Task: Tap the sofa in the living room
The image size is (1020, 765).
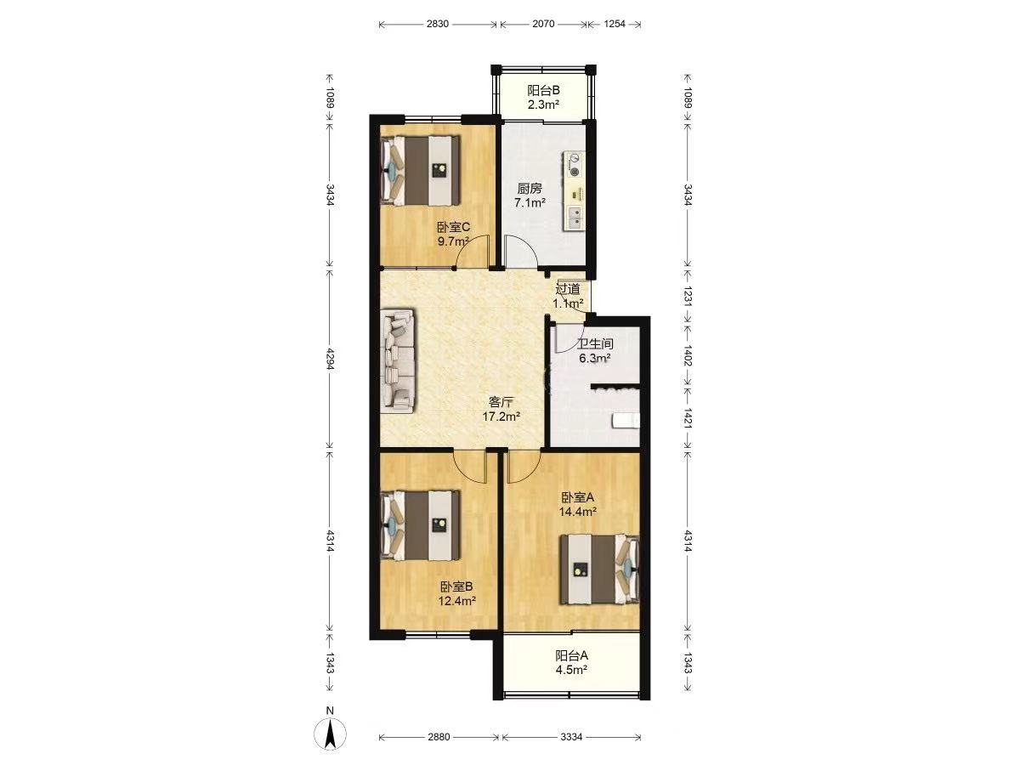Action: click(399, 360)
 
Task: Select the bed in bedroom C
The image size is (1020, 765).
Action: click(421, 170)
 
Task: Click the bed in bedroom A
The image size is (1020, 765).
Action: click(599, 569)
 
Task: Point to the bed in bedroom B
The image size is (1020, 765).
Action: click(421, 525)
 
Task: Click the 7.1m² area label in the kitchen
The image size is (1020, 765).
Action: click(530, 202)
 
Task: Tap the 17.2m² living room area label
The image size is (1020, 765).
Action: click(501, 416)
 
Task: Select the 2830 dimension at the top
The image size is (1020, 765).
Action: click(437, 24)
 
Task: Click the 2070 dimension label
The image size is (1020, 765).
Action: click(543, 24)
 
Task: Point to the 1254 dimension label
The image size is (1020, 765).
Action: click(615, 24)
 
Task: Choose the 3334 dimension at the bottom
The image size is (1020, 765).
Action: click(571, 737)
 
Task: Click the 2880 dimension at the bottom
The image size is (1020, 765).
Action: click(439, 737)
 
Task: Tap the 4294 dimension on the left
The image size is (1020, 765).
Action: click(331, 359)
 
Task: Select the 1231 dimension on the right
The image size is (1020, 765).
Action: click(688, 295)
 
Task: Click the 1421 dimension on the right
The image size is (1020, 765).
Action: click(688, 418)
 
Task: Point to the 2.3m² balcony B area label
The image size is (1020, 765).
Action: click(543, 105)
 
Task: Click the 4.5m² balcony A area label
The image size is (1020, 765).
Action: click(571, 669)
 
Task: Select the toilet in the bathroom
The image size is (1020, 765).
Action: click(626, 421)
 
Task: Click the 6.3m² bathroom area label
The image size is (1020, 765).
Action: click(594, 358)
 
